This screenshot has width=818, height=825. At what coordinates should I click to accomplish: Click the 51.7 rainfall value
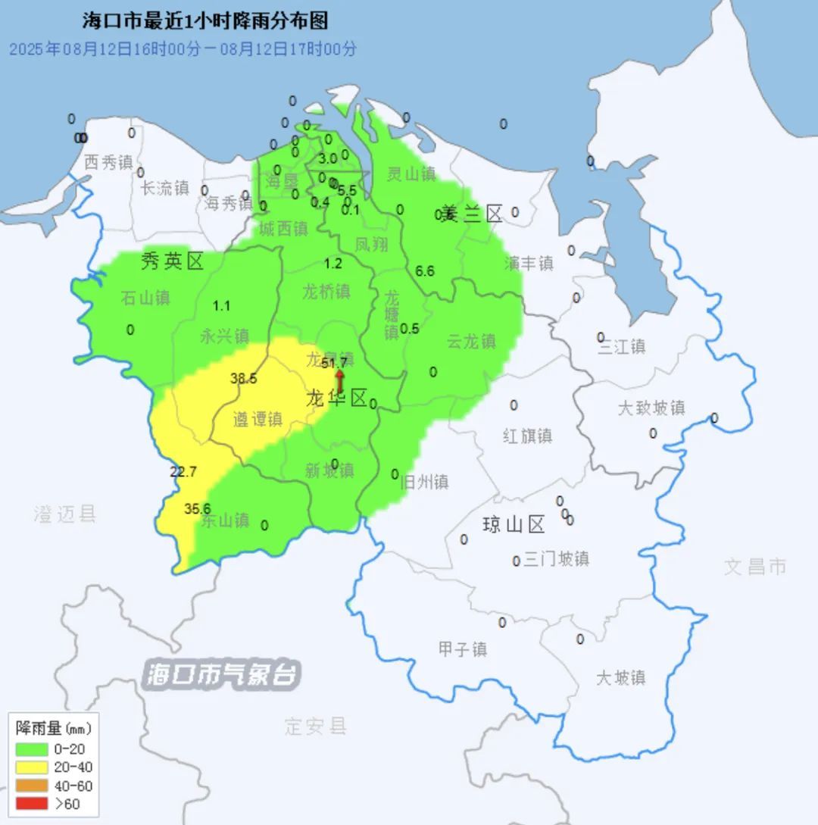coord(334,364)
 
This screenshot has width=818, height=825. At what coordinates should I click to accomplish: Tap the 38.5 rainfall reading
coord(244,379)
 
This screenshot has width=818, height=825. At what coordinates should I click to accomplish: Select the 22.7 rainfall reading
coord(183,472)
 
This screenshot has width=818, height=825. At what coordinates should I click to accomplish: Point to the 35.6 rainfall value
coord(198,509)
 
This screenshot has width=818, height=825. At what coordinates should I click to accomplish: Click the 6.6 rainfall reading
coord(426,270)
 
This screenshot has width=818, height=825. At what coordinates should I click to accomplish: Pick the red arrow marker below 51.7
coord(340,381)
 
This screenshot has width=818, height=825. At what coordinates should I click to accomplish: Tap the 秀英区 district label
coord(173,262)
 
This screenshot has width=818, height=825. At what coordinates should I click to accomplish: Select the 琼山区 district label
coord(514,524)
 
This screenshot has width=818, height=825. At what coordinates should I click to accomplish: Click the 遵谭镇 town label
coord(258,419)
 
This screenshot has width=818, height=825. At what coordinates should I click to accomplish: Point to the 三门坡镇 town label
coord(556,559)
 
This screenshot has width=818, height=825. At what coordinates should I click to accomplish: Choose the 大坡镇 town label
coord(620,677)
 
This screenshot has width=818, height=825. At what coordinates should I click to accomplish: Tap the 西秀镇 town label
coord(108,162)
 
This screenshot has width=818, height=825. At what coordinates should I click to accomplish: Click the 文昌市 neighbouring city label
coord(755,566)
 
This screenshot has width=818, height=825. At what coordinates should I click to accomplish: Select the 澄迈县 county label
coord(65,514)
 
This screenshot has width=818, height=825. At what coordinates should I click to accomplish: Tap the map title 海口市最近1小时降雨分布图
coord(205,20)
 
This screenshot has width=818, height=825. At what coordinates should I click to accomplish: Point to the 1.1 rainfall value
coord(221,306)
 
